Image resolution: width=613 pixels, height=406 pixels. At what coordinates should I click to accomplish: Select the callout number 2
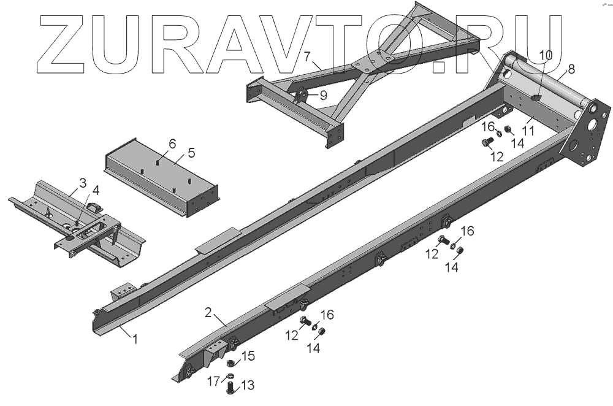click(x=208, y=312)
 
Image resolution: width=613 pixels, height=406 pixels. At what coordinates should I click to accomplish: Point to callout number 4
click(x=96, y=190)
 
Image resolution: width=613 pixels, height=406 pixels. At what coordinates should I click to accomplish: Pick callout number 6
click(x=172, y=144)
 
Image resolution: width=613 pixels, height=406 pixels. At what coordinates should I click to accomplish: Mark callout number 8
click(x=571, y=69)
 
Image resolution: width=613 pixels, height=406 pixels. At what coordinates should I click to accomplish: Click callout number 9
click(x=322, y=95)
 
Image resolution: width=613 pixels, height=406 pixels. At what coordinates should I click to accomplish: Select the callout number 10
click(x=545, y=55)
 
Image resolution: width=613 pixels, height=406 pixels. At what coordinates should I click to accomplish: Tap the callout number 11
click(x=528, y=130)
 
